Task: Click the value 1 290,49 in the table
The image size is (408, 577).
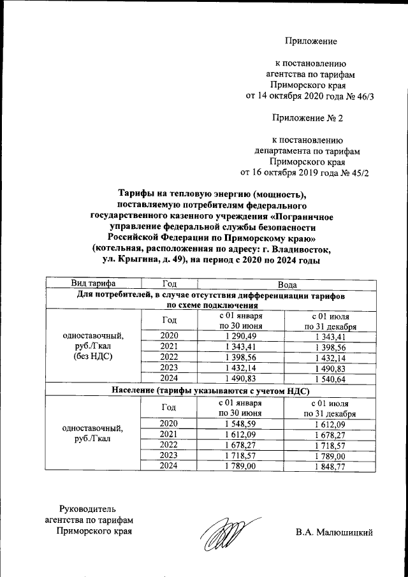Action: [240, 336]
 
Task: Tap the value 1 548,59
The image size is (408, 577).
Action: [240, 423]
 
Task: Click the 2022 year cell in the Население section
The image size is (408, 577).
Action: [169, 444]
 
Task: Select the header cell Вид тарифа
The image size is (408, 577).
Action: [92, 284]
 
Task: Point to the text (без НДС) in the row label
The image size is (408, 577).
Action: [93, 356]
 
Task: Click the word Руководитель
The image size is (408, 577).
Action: [88, 508]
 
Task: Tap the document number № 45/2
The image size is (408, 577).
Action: [354, 172]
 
